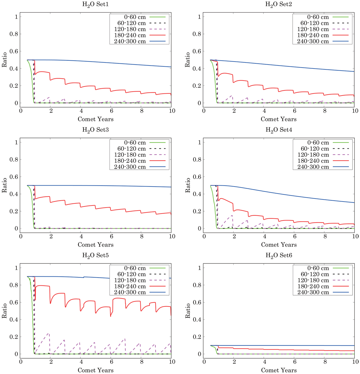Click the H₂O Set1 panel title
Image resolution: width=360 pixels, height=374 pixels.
[95, 4]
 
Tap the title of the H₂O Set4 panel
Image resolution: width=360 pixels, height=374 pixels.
[279, 130]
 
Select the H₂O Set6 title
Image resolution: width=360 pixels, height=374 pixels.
[279, 255]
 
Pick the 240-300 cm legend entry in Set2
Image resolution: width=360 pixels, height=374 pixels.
[313, 41]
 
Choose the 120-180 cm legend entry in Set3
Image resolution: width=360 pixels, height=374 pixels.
[130, 155]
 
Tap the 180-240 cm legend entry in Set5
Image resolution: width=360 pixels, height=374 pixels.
[130, 286]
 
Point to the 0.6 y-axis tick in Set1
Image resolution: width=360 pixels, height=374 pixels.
[13, 51]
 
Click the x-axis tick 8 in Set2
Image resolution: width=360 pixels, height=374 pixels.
[325, 111]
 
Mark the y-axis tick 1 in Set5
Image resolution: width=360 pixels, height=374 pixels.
[16, 268]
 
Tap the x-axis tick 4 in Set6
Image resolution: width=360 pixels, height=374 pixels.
[264, 362]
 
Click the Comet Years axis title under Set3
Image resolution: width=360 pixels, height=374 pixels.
[95, 245]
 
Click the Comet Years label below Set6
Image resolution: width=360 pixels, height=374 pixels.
[279, 370]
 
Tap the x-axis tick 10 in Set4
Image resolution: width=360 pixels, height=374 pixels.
[355, 236]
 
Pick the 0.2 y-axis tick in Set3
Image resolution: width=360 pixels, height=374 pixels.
[13, 211]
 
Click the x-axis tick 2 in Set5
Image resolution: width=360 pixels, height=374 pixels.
[51, 362]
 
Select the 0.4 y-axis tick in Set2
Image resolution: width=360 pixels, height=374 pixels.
[197, 69]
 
